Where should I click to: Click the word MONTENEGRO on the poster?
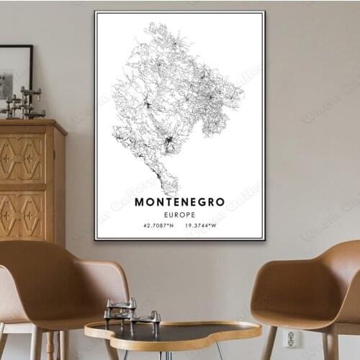179,202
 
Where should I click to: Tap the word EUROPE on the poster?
179,214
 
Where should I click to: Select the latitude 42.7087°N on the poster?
158,225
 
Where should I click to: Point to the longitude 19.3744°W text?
202,225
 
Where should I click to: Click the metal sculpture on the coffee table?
130,315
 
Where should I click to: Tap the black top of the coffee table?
173,333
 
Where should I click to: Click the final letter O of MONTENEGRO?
220,202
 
